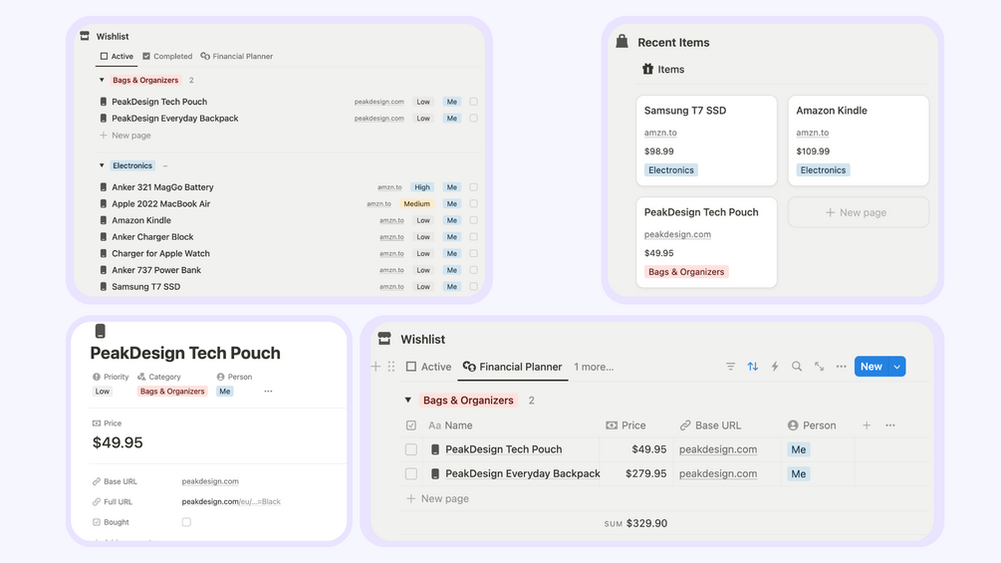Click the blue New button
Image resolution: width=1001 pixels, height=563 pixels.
[872, 367]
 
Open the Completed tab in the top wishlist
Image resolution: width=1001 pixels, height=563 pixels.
[167, 56]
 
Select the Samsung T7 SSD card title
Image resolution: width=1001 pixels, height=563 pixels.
[685, 111]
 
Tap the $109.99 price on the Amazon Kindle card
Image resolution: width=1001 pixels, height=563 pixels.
[813, 151]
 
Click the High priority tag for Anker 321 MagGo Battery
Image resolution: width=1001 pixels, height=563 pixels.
[422, 187]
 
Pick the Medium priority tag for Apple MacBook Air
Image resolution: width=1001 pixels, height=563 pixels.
[416, 203]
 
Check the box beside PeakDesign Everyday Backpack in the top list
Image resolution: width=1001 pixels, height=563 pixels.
[474, 119]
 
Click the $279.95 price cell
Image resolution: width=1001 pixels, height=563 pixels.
[645, 473]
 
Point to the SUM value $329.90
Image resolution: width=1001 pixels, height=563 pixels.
[646, 523]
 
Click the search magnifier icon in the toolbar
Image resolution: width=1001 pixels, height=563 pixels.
[797, 367]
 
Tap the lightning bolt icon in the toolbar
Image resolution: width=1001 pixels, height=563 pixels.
[774, 367]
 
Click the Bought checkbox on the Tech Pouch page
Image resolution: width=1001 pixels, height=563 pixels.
[186, 522]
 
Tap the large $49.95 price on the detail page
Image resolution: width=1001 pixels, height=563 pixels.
[118, 442]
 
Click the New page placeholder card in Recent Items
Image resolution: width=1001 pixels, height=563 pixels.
[858, 212]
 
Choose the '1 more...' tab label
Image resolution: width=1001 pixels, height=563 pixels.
[593, 367]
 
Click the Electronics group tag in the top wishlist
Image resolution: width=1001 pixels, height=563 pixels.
[132, 165]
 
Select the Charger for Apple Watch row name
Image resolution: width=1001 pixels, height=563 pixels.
[161, 253]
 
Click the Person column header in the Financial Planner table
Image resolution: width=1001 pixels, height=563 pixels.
[812, 425]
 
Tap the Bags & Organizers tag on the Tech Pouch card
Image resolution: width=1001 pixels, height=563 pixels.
[686, 272]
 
